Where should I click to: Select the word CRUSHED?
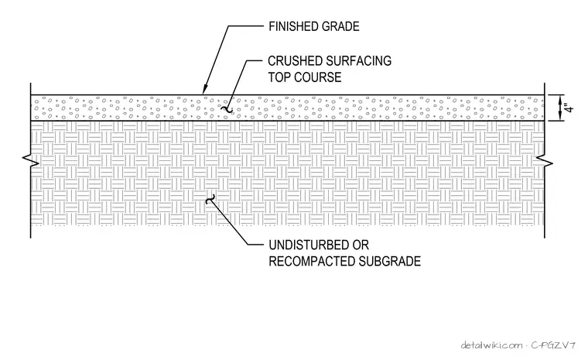[x=295, y=61]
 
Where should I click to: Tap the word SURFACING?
[x=358, y=61]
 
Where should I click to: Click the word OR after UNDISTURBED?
[x=361, y=245]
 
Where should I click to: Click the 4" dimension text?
[x=569, y=108]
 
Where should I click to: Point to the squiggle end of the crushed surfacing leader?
[x=227, y=109]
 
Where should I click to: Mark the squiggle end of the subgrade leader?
[x=210, y=199]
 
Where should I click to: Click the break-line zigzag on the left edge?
[x=31, y=160]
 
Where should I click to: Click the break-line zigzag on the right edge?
[x=545, y=160]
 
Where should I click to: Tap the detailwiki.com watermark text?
[x=491, y=345]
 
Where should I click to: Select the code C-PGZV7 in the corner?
[x=553, y=345]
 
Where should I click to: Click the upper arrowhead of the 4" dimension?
[x=559, y=100]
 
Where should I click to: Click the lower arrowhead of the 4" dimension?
[x=559, y=115]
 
